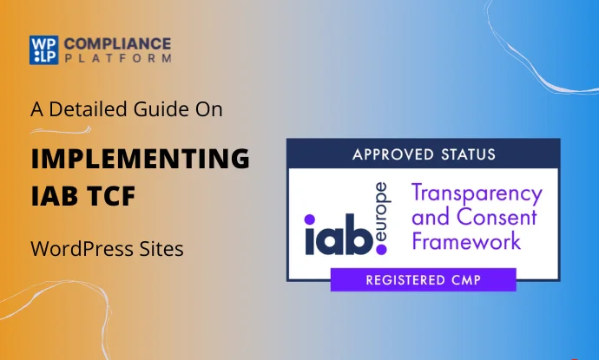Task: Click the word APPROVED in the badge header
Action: point(388,155)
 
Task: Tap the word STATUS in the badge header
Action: point(464,155)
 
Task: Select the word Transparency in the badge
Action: point(477,193)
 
